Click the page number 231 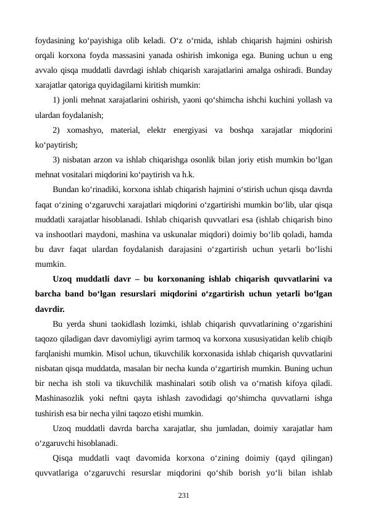click(184, 495)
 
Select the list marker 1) click(57, 100)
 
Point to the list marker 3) click(57, 159)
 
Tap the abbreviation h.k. click(188, 174)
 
